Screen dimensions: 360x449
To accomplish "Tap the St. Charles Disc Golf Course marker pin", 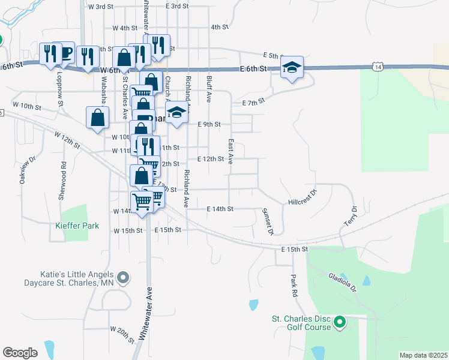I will pyautogui.click(x=340, y=323).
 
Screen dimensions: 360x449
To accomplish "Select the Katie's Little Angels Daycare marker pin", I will pyautogui.click(x=123, y=277).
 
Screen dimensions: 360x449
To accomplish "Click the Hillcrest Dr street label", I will pyautogui.click(x=302, y=199).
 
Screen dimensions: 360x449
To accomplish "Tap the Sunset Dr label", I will pyautogui.click(x=268, y=221).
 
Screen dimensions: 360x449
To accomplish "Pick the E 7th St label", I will pyautogui.click(x=253, y=103).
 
